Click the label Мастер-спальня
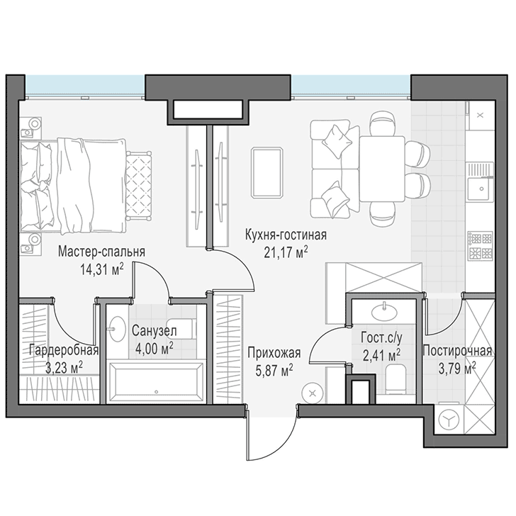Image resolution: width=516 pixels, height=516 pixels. pyautogui.click(x=101, y=252)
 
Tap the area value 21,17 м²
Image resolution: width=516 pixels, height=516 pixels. pyautogui.click(x=286, y=252)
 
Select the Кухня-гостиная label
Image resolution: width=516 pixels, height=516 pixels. pyautogui.click(x=286, y=235)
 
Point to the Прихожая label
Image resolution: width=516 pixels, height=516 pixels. pyautogui.click(x=274, y=353)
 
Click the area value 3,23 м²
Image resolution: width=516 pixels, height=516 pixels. pyautogui.click(x=64, y=368)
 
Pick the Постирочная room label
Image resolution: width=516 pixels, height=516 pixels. pyautogui.click(x=457, y=351)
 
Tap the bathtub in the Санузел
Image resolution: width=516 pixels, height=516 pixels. pyautogui.click(x=156, y=381)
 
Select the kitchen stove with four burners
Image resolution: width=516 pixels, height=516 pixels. pyautogui.click(x=481, y=245)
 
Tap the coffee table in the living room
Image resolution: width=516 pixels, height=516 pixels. pyautogui.click(x=267, y=172)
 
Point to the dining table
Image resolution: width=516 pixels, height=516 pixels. pyautogui.click(x=382, y=169)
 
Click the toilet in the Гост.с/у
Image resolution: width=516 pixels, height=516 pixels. pyautogui.click(x=395, y=378)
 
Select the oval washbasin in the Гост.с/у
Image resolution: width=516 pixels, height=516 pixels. pyautogui.click(x=384, y=311)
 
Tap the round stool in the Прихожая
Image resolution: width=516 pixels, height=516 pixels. pyautogui.click(x=313, y=393)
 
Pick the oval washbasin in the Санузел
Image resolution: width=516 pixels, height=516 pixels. pyautogui.click(x=117, y=329)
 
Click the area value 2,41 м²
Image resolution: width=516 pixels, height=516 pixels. pyautogui.click(x=382, y=355)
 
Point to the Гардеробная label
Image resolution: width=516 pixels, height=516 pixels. pyautogui.click(x=64, y=350)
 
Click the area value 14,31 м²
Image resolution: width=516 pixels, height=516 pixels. pyautogui.click(x=101, y=269)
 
